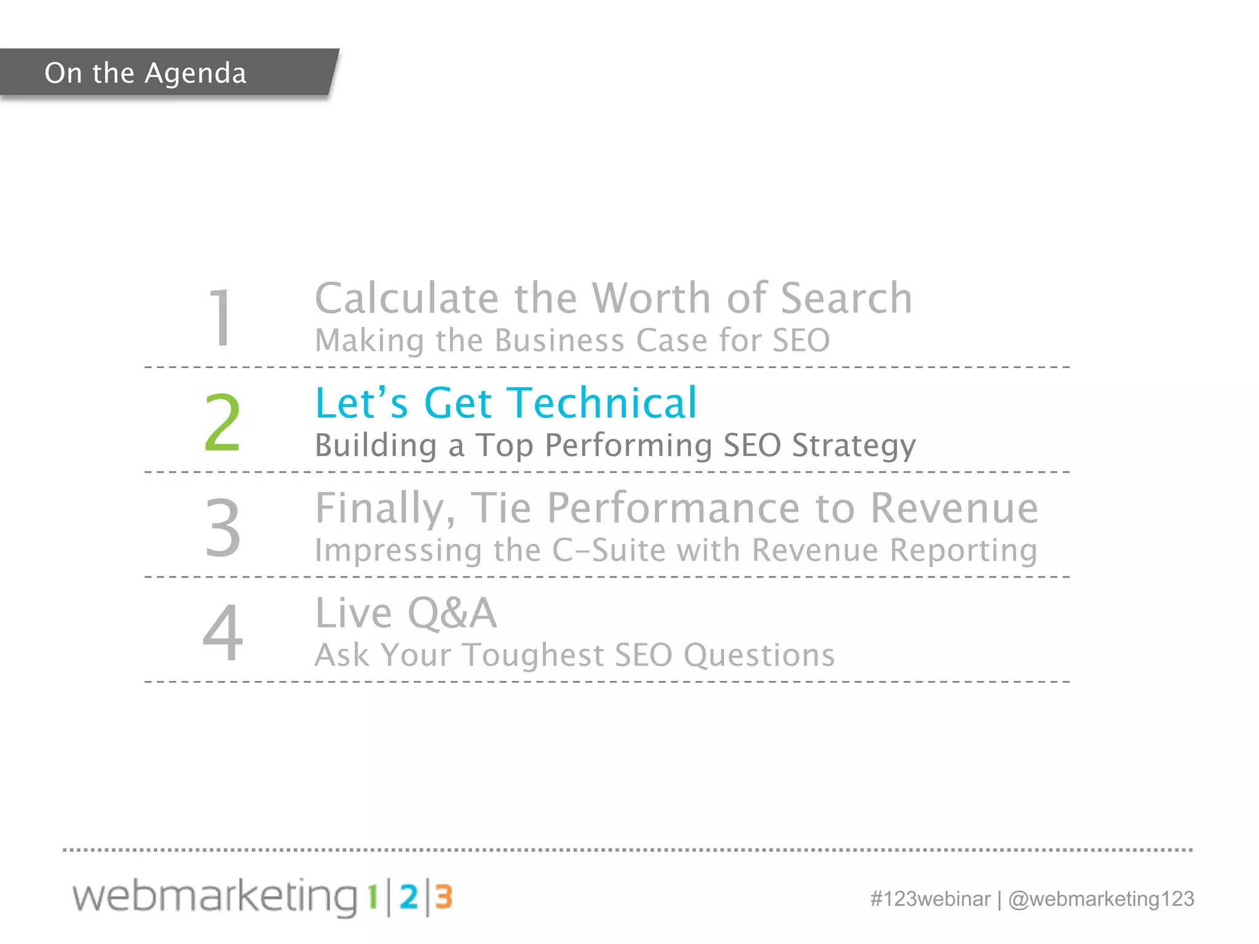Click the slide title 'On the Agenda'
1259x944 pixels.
coord(146,73)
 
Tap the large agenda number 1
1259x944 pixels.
coord(221,318)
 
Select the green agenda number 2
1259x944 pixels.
coord(222,423)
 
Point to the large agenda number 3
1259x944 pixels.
coord(223,527)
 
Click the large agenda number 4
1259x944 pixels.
coord(223,632)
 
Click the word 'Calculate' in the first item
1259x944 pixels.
coord(406,299)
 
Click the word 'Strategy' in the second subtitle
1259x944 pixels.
coord(853,446)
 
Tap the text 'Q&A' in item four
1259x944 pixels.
coord(452,613)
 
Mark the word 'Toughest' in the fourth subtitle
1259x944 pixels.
coord(533,656)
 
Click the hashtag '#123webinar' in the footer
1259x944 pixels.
coord(930,899)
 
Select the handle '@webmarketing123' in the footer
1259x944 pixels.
coord(1101,899)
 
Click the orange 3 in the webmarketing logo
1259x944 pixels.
coord(444,897)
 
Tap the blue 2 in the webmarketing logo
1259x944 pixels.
coord(409,897)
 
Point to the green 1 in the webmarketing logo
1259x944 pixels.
coord(372,897)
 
